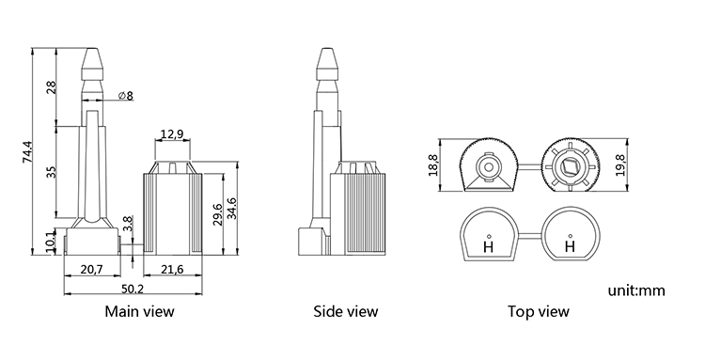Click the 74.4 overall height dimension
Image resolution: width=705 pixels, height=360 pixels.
pos(27,152)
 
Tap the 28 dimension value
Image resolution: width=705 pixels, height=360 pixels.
pos(51,86)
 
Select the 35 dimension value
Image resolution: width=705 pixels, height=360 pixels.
pos(52,172)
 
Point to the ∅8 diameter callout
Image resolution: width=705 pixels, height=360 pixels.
pos(125,96)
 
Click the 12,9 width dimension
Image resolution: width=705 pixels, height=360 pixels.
pos(172,133)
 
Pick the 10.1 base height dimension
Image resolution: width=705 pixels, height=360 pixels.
pos(51,241)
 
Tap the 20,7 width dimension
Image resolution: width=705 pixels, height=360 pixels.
pos(92,270)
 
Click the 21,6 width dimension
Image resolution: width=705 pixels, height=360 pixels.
pos(172,270)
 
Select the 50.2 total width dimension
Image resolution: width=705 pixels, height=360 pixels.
pos(133,289)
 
